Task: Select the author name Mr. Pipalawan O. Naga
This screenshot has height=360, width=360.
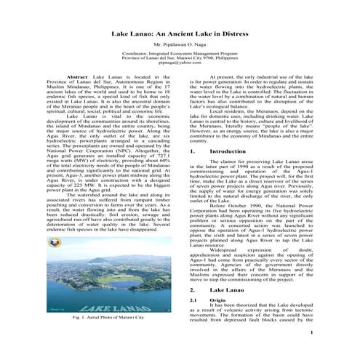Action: tap(180, 45)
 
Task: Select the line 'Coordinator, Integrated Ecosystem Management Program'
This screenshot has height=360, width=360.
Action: tap(180, 54)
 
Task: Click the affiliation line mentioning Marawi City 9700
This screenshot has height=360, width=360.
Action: tap(180, 58)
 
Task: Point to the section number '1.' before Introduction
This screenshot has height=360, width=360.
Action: tap(191, 151)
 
